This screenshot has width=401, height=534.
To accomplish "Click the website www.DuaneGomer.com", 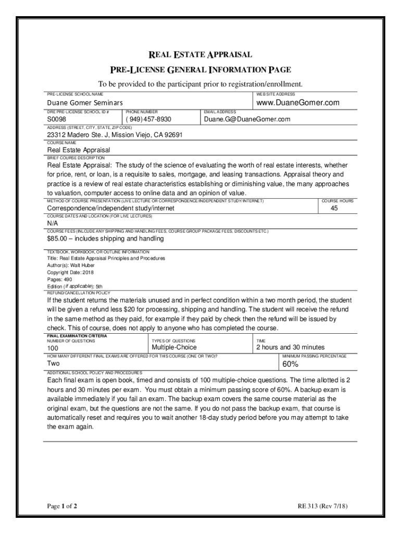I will [297, 103].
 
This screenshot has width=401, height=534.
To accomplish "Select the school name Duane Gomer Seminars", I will [85, 103].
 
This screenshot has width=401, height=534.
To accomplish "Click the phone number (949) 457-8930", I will [148, 119].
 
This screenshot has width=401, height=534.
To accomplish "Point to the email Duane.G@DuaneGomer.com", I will [247, 119].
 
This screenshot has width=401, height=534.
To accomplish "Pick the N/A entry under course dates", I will [53, 223].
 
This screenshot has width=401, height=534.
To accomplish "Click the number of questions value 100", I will [53, 348].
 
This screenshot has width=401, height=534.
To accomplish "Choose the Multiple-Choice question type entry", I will [174, 347].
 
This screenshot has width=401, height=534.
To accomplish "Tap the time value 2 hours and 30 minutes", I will [290, 347].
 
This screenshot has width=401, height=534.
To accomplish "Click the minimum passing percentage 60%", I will [291, 364].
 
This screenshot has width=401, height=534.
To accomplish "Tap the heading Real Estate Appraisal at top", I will [200, 55].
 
